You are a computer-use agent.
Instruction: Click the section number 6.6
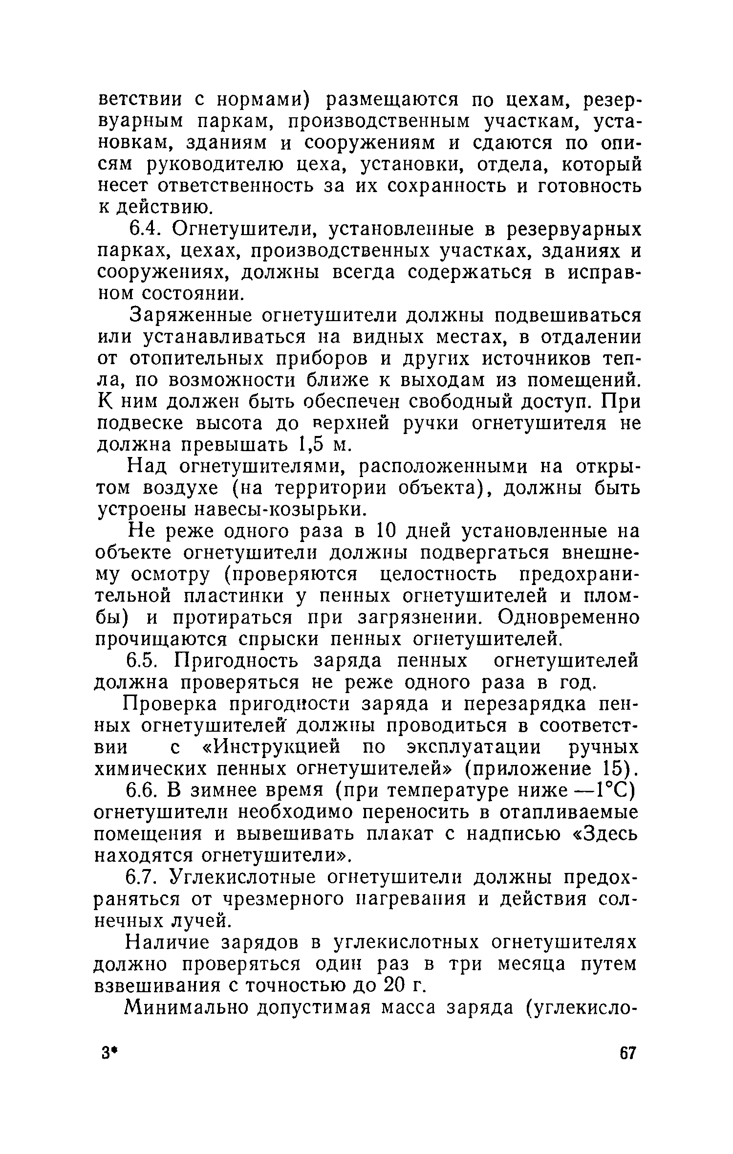[143, 791]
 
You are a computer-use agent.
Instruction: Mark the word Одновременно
[568, 618]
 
